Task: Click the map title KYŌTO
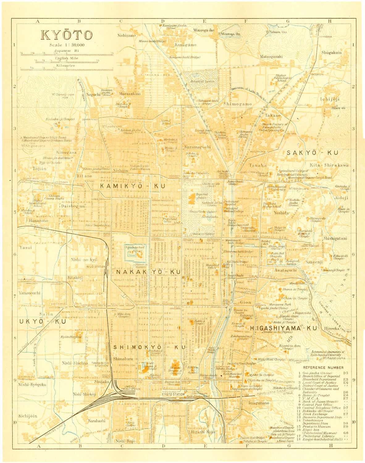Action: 67,35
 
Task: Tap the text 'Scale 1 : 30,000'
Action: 67,45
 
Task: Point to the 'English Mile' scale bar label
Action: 66,58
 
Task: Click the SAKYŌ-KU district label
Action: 312,153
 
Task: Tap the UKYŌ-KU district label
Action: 43,321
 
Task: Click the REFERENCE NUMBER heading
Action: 323,367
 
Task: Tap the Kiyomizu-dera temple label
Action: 290,346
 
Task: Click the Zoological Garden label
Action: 293,262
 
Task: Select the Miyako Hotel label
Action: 297,283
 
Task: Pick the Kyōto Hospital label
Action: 72,337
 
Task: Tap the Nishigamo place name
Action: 126,35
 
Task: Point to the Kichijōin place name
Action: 27,416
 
